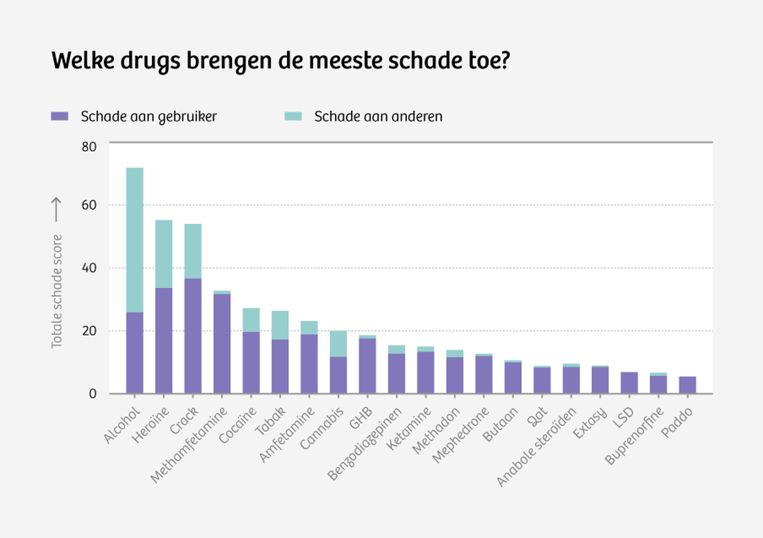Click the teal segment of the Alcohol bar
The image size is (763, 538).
135,240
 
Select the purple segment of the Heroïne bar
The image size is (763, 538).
164,340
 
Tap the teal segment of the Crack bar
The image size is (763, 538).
193,251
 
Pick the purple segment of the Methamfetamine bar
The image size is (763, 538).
222,343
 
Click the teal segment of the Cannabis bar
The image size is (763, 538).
338,344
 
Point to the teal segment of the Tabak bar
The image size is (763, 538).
280,325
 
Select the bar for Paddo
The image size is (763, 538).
687,385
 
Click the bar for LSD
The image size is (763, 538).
629,383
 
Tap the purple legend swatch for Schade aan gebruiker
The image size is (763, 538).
59,116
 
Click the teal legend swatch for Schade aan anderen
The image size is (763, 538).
293,116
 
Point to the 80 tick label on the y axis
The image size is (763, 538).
89,147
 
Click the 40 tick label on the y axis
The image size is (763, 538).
89,268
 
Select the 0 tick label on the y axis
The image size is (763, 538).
93,394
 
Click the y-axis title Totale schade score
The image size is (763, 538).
56,291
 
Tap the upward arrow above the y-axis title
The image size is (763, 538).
56,209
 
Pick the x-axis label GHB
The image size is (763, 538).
361,418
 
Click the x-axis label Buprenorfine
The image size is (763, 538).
635,436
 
